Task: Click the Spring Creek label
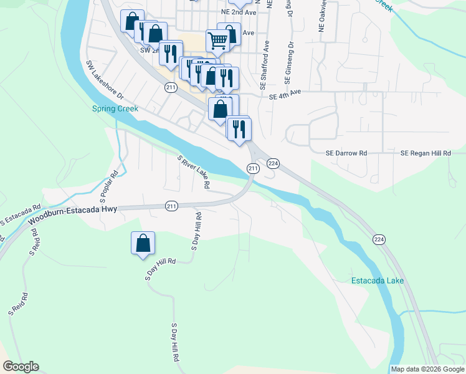click(115, 108)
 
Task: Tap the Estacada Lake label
click(378, 280)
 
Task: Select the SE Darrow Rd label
click(347, 153)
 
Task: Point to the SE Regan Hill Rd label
click(425, 153)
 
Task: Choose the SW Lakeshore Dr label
click(105, 80)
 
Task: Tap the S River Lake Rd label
click(194, 173)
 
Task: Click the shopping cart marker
click(217, 42)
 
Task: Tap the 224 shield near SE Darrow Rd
click(273, 163)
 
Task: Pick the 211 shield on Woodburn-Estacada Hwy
click(172, 206)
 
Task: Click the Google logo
click(21, 367)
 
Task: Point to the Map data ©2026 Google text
click(427, 369)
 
